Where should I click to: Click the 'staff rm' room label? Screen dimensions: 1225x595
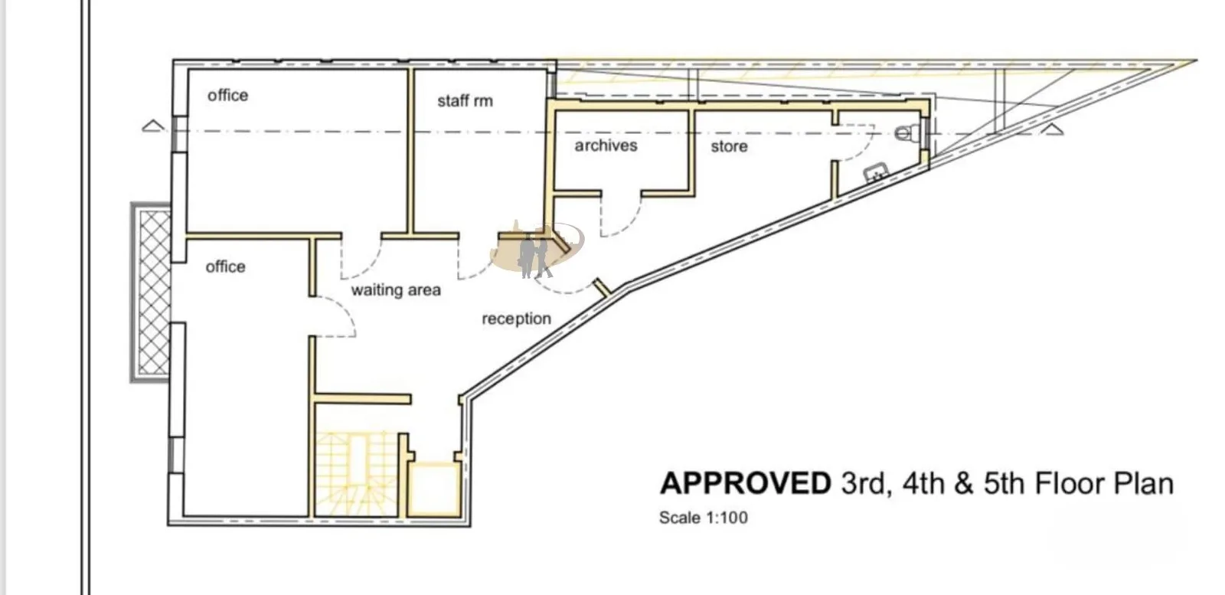coord(465,100)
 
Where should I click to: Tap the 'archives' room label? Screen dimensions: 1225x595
coord(606,145)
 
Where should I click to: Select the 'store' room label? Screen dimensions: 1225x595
coord(729,146)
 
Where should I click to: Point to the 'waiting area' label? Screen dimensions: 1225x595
coord(395,290)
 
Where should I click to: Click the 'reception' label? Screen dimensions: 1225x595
coord(516,319)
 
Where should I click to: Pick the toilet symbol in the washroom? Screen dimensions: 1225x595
coord(907,132)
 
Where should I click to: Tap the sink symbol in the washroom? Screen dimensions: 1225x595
coord(876,173)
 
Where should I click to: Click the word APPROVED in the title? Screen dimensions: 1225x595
coord(746,483)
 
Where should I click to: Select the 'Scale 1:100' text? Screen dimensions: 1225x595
coord(704,518)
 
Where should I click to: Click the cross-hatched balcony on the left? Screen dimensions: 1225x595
coord(151,293)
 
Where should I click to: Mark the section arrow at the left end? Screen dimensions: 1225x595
coord(153,126)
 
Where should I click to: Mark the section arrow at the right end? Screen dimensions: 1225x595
coord(1052,129)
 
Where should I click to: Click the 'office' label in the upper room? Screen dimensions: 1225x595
coord(227,96)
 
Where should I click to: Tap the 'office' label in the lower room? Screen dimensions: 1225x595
coord(225,267)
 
